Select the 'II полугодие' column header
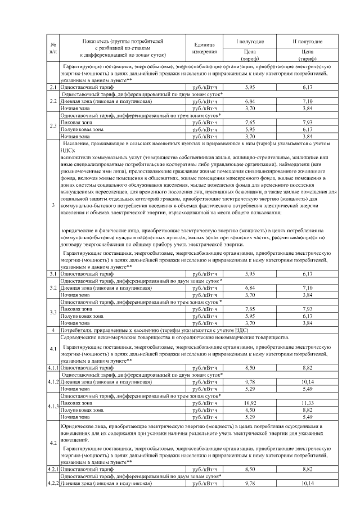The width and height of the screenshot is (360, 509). coord(307,42)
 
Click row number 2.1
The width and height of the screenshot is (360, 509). coord(52,87)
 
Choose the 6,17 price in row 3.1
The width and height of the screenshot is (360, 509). coord(307,273)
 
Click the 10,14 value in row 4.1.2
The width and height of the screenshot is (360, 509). coord(307,382)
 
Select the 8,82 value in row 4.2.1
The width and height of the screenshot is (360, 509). coord(307,469)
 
